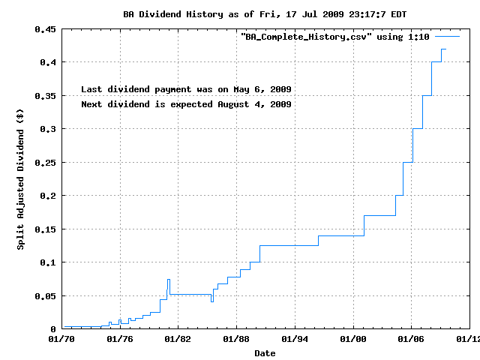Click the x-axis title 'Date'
pos(265,352)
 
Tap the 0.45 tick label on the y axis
pos(45,29)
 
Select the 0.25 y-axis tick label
pos(45,163)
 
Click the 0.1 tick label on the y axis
pos(48,262)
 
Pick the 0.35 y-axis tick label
pos(45,96)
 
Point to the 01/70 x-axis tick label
pos(61,339)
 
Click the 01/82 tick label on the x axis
pos(178,339)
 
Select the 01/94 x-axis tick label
pos(295,339)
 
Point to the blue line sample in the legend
pos(447,36)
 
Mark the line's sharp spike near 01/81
pos(169,280)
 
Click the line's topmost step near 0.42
pos(444,49)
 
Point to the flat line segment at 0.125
pos(289,245)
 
